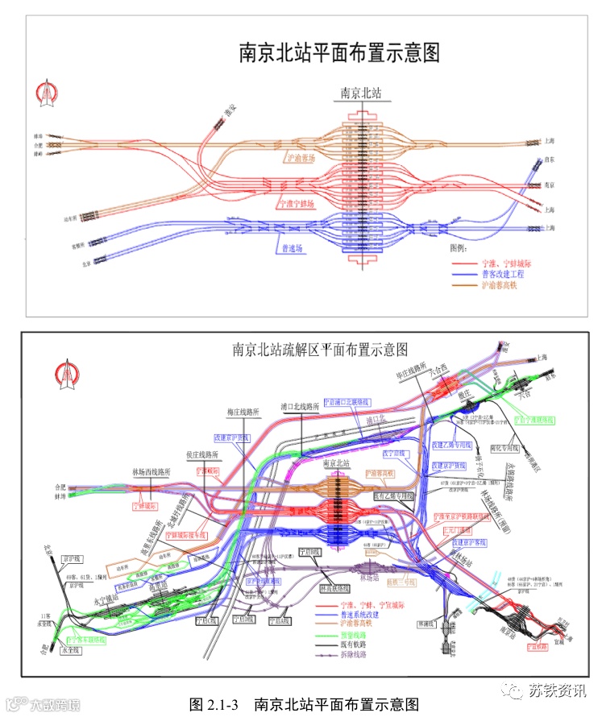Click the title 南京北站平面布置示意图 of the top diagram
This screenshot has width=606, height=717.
pos(339,52)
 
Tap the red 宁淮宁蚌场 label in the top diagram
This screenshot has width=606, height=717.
pos(294,204)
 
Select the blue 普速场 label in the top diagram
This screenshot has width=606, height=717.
pos(291,247)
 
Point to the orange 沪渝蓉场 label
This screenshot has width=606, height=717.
pos(301,158)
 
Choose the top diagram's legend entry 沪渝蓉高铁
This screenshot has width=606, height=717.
pos(500,285)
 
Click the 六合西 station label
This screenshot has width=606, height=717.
pos(444,371)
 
